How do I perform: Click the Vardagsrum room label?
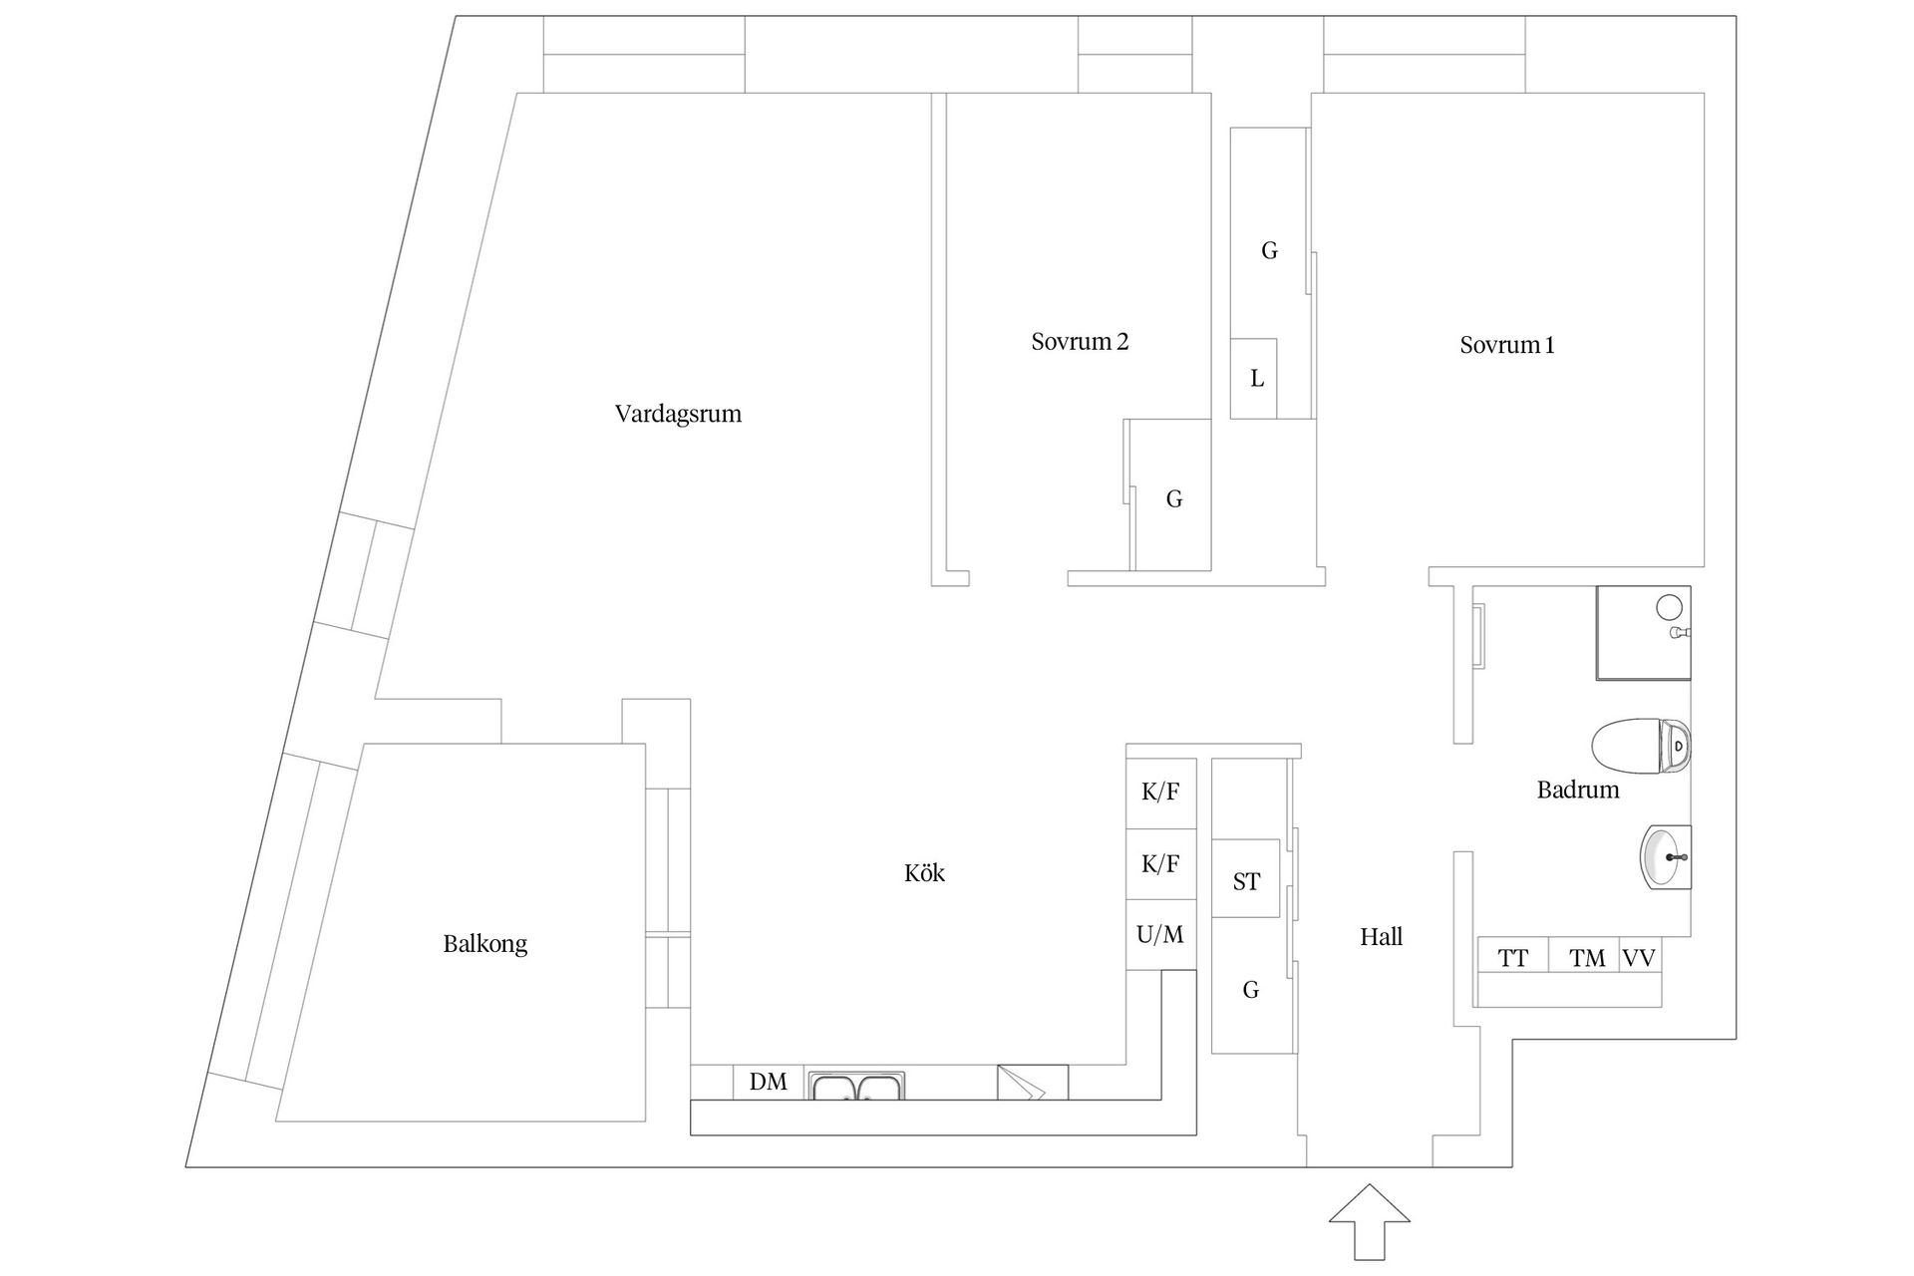[678, 414]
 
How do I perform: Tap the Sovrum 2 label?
[1080, 342]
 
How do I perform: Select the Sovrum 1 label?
[1506, 345]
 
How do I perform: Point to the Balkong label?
[484, 944]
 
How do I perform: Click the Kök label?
[924, 873]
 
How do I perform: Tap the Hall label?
[1381, 936]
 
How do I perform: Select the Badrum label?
[1577, 791]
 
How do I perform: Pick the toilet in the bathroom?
[1641, 746]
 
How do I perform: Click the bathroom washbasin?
[1666, 856]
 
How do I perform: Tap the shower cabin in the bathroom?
[1643, 633]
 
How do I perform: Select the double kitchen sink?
[857, 1085]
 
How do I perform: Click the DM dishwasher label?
[769, 1082]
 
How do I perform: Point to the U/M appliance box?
[1160, 935]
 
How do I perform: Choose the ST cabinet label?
[1246, 881]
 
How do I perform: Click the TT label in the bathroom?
[1513, 959]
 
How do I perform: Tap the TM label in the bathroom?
[1587, 959]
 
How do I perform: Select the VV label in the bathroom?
[1639, 959]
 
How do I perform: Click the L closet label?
[1257, 379]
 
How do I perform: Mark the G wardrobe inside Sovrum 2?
[1174, 498]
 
